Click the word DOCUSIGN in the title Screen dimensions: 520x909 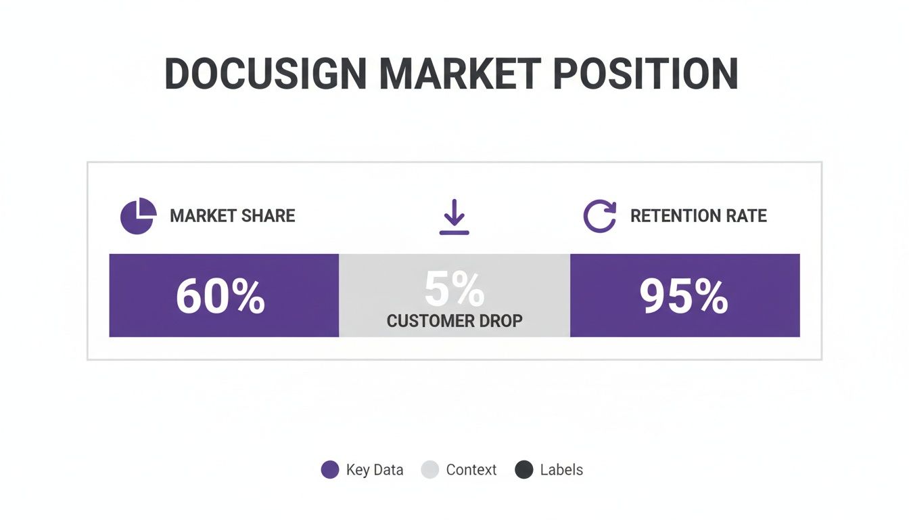[x=266, y=74]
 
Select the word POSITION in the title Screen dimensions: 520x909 [x=645, y=74]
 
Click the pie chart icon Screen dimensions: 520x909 [x=138, y=216]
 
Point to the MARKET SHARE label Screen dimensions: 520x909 [x=232, y=216]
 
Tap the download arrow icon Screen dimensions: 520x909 [x=454, y=217]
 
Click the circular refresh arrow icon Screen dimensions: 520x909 [x=600, y=217]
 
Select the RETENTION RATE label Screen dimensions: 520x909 [x=698, y=216]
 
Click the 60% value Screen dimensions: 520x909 [x=220, y=297]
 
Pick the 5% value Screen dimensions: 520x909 [x=454, y=290]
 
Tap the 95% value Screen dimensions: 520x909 [x=684, y=297]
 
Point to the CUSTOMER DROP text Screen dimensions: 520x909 [x=454, y=321]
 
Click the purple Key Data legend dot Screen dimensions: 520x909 [x=330, y=470]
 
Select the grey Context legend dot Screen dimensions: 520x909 [x=430, y=470]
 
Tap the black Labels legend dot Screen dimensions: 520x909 [x=524, y=470]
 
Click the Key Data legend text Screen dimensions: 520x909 [x=375, y=470]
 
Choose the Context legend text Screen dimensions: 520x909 [x=471, y=470]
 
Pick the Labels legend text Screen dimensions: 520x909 [x=561, y=470]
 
